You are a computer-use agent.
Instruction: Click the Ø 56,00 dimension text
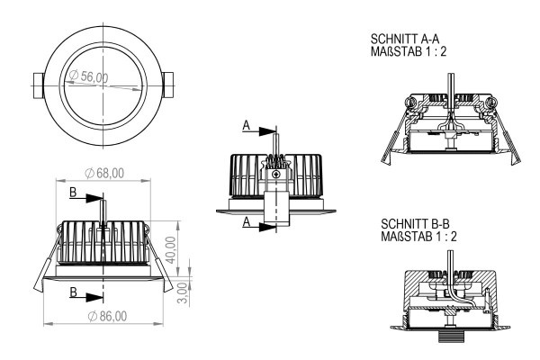pos(88,76)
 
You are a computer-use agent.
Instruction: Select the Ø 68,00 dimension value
pos(104,173)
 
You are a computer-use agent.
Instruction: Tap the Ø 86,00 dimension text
pos(107,316)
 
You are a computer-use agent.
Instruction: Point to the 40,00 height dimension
pos(170,250)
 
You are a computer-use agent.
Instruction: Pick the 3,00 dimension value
pos(184,293)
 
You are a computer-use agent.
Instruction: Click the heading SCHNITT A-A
pos(405,39)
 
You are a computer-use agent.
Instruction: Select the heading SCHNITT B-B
pos(415,224)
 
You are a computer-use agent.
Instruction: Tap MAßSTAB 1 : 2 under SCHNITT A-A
pos(408,51)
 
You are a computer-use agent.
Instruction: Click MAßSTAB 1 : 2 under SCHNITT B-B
pos(418,237)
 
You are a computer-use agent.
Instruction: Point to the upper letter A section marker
pos(247,125)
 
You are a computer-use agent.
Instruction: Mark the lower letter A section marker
pos(247,222)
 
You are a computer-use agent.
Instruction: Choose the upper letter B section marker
pos(73,193)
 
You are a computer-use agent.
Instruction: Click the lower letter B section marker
pos(74,292)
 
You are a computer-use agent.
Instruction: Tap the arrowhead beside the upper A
pos(267,131)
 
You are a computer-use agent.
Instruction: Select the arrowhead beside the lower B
pos(94,297)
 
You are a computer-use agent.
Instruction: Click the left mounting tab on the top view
pos(38,85)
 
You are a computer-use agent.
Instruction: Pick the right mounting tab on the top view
pos(167,85)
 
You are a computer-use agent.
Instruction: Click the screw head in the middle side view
pos(276,175)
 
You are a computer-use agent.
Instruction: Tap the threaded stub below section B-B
pos(451,336)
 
